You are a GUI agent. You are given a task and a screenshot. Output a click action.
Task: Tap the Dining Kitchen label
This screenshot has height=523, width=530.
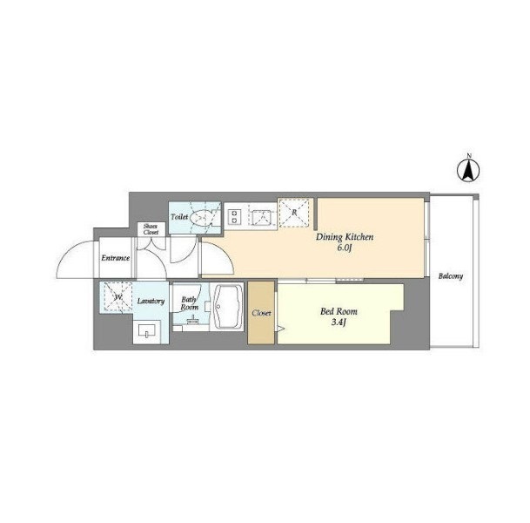[x=345, y=237]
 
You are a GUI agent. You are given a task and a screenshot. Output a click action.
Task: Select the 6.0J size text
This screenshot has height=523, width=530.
[x=345, y=248]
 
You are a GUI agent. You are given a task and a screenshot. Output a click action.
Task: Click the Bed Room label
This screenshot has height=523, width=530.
[x=339, y=311]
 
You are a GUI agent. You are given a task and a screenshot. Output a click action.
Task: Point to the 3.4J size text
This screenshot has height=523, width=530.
[x=339, y=323]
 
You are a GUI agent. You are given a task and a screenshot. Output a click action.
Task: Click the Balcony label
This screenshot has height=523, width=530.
[x=451, y=276]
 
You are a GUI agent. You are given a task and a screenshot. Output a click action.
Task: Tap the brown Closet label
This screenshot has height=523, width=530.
[x=261, y=314]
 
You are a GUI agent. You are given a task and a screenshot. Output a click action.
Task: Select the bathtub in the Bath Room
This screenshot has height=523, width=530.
[x=229, y=306]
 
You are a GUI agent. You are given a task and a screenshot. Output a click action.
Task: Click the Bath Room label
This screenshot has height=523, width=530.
[x=189, y=303]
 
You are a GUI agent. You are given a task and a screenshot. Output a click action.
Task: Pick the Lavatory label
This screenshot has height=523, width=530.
[x=151, y=301]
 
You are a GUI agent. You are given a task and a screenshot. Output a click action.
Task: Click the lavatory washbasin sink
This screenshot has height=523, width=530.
[x=147, y=330]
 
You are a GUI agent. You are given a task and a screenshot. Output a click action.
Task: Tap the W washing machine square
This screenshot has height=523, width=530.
[x=118, y=297]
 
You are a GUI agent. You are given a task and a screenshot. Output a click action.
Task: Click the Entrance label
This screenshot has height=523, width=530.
[x=116, y=258]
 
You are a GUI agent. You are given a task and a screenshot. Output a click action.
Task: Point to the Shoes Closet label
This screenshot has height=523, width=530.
[x=151, y=229]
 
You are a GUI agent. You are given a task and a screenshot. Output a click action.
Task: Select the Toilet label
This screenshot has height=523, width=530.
[x=179, y=217]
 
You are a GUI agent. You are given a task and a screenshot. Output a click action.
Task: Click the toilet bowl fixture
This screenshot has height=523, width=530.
[x=201, y=217]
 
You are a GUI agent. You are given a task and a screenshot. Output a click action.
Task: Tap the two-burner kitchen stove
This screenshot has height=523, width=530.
[x=234, y=217]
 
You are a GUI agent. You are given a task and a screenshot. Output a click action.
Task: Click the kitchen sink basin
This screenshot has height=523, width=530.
[x=262, y=217]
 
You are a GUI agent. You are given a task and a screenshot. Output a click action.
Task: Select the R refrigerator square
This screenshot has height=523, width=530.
[x=294, y=213]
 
